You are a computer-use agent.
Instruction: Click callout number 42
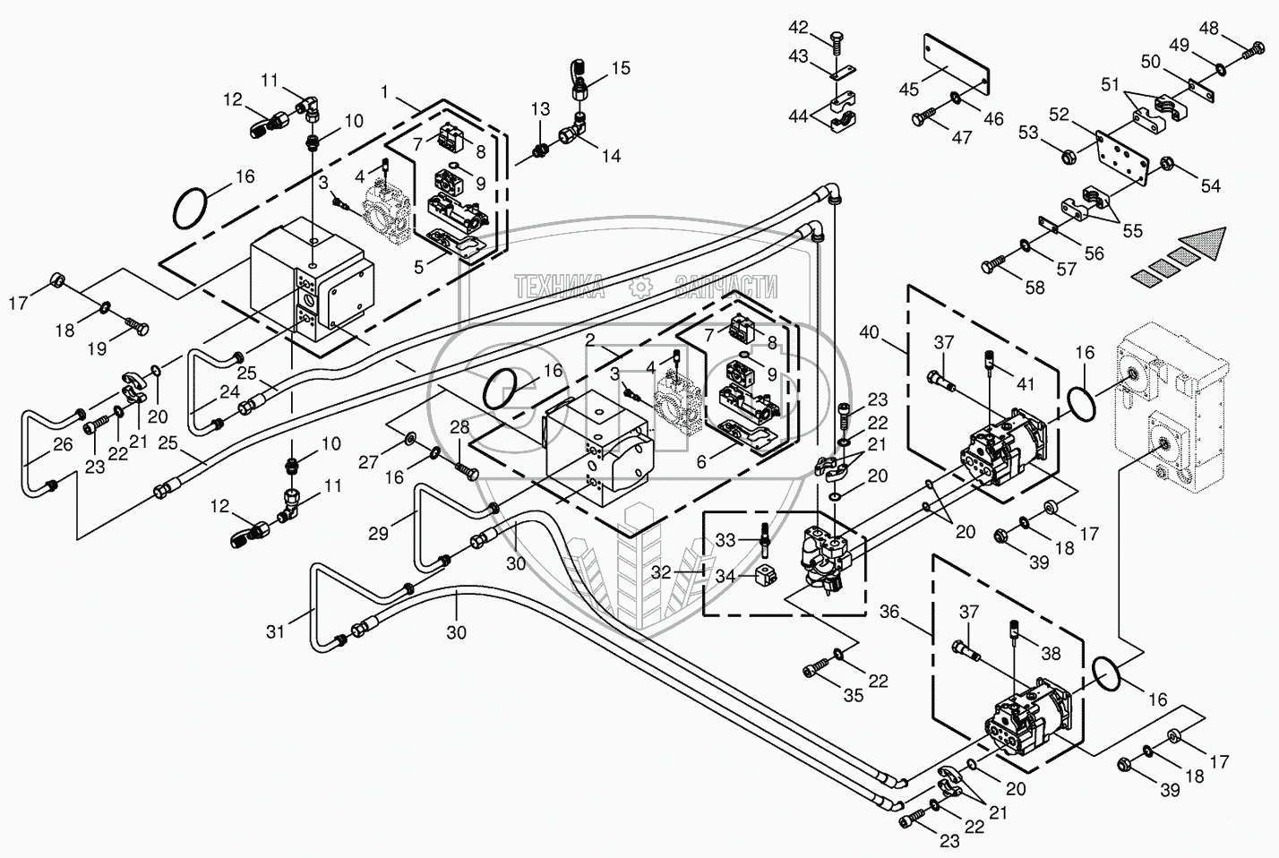(x=797, y=27)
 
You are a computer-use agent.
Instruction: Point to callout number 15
(x=620, y=68)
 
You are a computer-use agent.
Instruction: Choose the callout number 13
(x=539, y=109)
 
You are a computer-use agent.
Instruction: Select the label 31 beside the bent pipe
(x=275, y=631)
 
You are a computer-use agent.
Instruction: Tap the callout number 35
(x=854, y=694)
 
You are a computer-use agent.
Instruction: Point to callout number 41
(x=1025, y=383)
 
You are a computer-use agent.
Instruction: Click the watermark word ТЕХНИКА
(x=560, y=286)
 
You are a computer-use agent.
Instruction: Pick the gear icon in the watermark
(x=639, y=286)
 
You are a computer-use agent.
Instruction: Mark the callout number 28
(x=459, y=428)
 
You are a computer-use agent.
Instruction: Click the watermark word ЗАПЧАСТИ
(x=725, y=286)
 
